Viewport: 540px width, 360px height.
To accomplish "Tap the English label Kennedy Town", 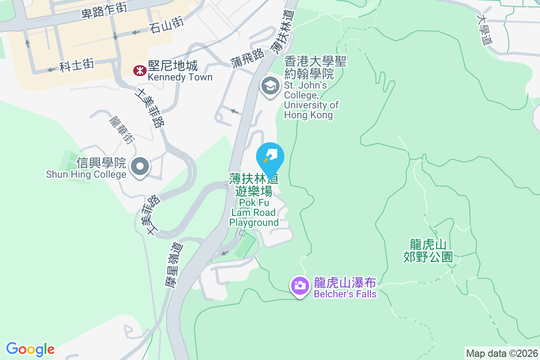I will pyautogui.click(x=180, y=77).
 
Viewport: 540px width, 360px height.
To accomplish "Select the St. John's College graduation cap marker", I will pyautogui.click(x=270, y=85).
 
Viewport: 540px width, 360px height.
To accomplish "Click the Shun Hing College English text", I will pyautogui.click(x=86, y=174).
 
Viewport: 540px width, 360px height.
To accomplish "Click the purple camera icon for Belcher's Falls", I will pyautogui.click(x=299, y=285).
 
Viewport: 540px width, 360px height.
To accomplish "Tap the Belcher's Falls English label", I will pyautogui.click(x=345, y=294).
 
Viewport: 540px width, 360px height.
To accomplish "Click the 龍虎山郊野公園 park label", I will pyautogui.click(x=428, y=251).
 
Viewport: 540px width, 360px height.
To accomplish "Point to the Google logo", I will pyautogui.click(x=31, y=349).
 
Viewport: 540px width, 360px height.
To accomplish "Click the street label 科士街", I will pyautogui.click(x=77, y=65).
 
